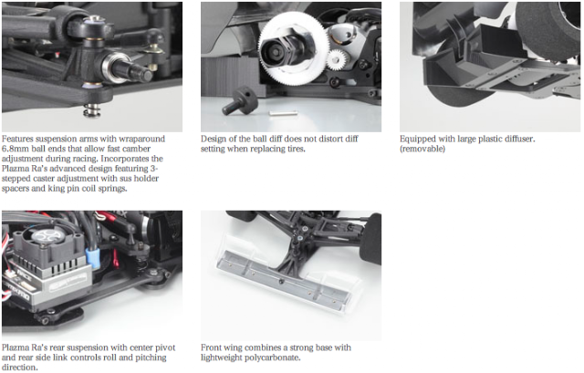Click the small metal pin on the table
coord(284,112)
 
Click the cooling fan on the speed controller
coord(47,240)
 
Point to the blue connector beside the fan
coord(93,257)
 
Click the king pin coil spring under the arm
coord(90,110)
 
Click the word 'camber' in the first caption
coord(136,149)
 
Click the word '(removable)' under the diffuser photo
coord(422,149)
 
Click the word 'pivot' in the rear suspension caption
coord(165,348)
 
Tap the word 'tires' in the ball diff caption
coord(296,149)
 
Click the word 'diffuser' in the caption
coord(519,140)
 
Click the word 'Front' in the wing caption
coord(211,347)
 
